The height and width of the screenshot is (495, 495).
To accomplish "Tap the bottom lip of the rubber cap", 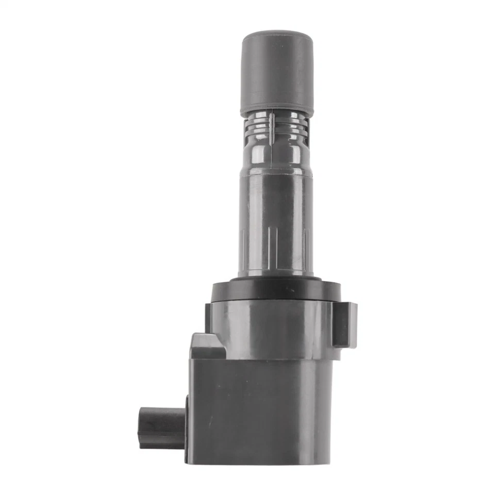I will click(x=276, y=111).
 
